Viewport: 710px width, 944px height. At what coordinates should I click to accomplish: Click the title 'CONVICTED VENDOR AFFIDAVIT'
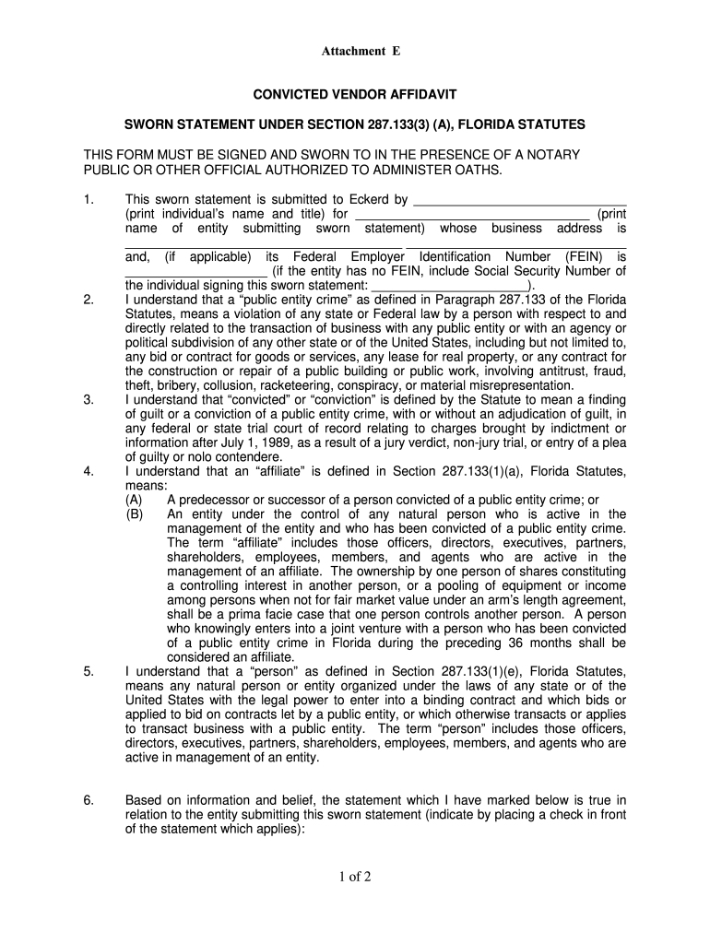tap(355, 95)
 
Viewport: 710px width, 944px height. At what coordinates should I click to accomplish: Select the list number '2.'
tap(89, 300)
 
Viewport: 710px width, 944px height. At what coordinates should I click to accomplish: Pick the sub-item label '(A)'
tap(135, 500)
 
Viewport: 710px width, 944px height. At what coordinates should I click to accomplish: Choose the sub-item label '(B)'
tap(135, 514)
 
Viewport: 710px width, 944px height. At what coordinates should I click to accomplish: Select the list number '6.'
tap(89, 800)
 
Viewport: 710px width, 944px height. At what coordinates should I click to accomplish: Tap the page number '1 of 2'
tap(354, 877)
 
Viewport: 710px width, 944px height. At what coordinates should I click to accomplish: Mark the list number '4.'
tap(89, 471)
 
